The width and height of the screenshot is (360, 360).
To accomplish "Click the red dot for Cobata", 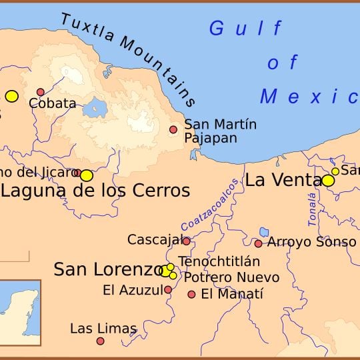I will pos(41,92).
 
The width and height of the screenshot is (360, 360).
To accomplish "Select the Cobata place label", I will pos(52,103).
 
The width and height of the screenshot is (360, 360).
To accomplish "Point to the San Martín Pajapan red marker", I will pos(173,129).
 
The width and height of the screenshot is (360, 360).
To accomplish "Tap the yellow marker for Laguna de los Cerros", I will pos(86,175).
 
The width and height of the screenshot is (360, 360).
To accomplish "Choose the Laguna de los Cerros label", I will pos(95,191).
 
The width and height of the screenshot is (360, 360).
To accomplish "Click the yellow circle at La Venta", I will pos(327,181).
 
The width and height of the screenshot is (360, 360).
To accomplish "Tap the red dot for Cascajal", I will pos(186,241).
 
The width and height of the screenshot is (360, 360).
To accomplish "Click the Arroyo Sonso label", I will pos(311,242).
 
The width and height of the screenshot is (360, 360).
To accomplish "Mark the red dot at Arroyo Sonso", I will pos(258,243).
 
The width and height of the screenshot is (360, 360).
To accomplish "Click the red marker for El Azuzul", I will pos(168,290).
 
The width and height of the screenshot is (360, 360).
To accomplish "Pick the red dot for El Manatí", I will pos(191,294).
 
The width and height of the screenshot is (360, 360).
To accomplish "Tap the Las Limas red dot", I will pos(100,341).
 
